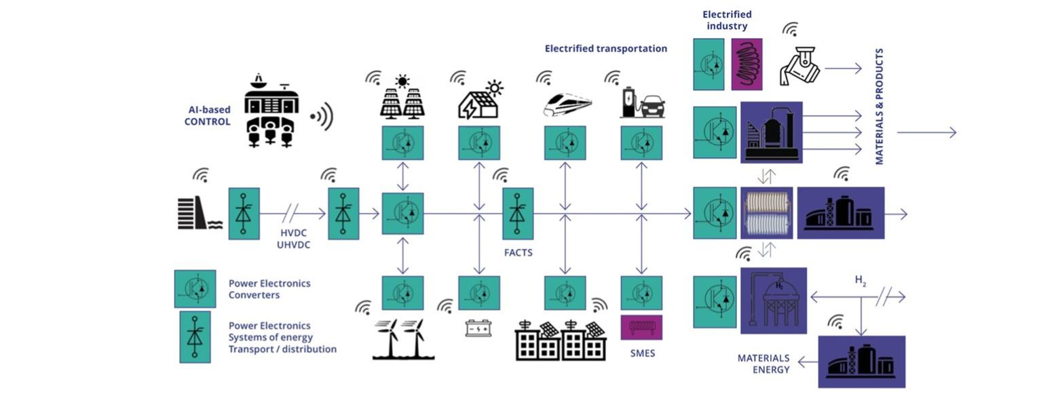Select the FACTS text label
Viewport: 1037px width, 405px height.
(x=518, y=252)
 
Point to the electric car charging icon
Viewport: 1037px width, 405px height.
(x=642, y=102)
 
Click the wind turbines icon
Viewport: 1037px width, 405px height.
(x=403, y=339)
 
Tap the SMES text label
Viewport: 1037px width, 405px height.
(x=642, y=353)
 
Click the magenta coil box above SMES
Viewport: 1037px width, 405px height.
(x=642, y=328)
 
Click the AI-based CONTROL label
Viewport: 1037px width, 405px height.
(x=208, y=115)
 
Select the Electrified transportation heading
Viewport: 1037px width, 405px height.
(x=605, y=48)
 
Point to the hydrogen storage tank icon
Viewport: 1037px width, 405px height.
(x=774, y=300)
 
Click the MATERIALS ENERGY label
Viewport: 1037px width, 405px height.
(x=763, y=364)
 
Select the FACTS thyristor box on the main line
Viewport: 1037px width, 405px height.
(x=518, y=214)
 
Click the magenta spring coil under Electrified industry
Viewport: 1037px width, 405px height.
(x=747, y=64)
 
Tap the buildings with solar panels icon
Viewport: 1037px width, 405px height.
(x=561, y=339)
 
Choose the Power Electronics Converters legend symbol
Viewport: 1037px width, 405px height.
(x=195, y=289)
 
